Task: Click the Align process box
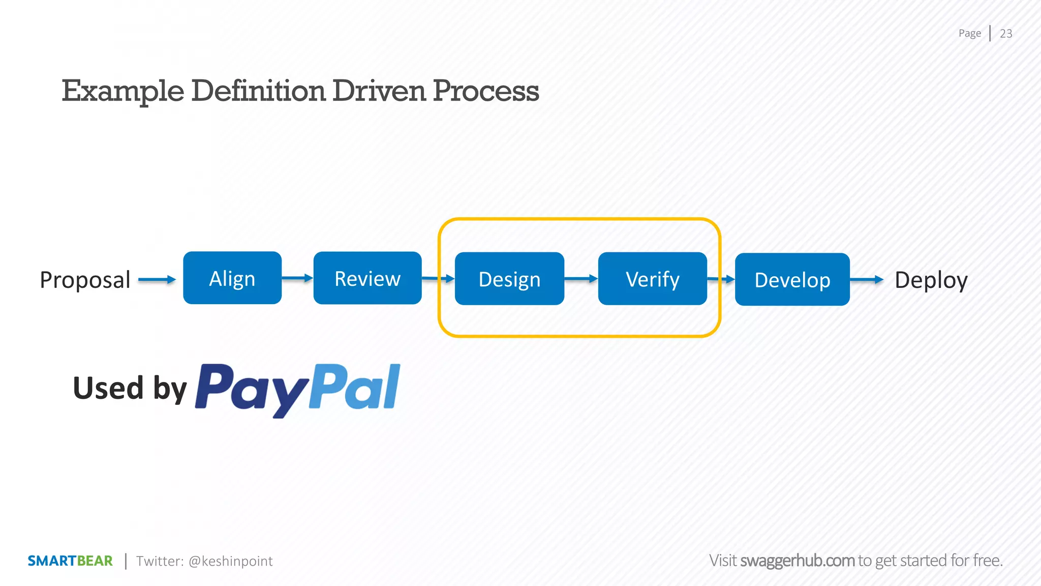coord(232,278)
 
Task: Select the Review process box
coord(368,278)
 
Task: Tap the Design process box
coord(509,279)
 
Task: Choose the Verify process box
coord(653,279)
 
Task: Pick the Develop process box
coord(792,279)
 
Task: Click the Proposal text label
coord(85,280)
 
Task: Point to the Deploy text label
coord(931,280)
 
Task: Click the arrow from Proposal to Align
coord(157,279)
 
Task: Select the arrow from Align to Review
coord(297,278)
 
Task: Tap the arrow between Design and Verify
coord(581,279)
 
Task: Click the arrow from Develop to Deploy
coord(867,279)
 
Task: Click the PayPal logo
coord(298,389)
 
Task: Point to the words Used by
coord(130,388)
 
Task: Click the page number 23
coord(1006,34)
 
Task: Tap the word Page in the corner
coord(970,34)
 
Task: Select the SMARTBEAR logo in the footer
coord(70,561)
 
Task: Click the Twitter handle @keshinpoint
coord(230,561)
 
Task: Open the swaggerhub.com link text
coord(797,561)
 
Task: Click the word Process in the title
coord(485,91)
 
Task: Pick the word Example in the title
coord(123,91)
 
